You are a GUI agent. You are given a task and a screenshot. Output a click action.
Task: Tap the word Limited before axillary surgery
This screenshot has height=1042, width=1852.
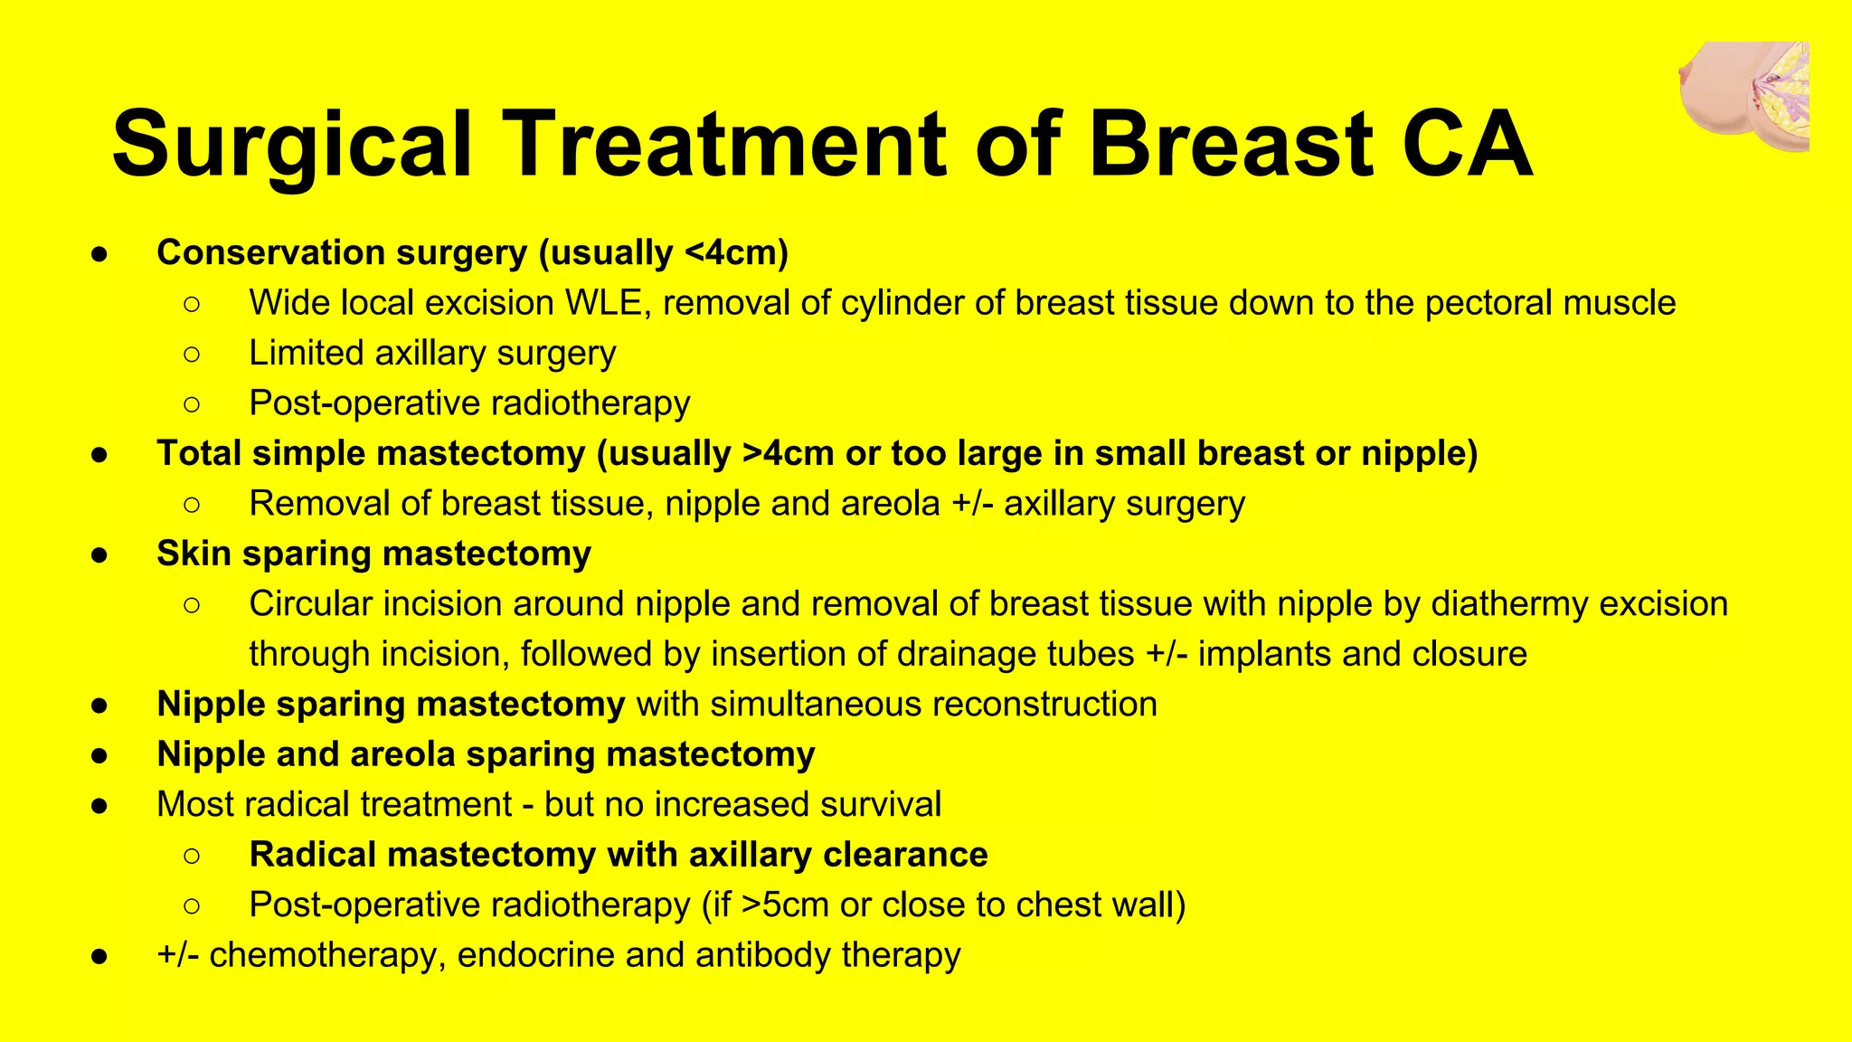306,353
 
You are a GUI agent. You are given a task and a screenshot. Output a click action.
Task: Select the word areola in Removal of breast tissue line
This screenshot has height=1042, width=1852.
890,504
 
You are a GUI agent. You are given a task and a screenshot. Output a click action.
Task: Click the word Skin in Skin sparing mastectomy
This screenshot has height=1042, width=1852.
194,554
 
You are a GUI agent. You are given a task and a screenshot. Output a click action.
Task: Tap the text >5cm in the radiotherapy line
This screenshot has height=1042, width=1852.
784,905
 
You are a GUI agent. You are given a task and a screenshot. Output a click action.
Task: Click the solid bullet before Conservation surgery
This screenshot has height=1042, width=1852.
100,254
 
